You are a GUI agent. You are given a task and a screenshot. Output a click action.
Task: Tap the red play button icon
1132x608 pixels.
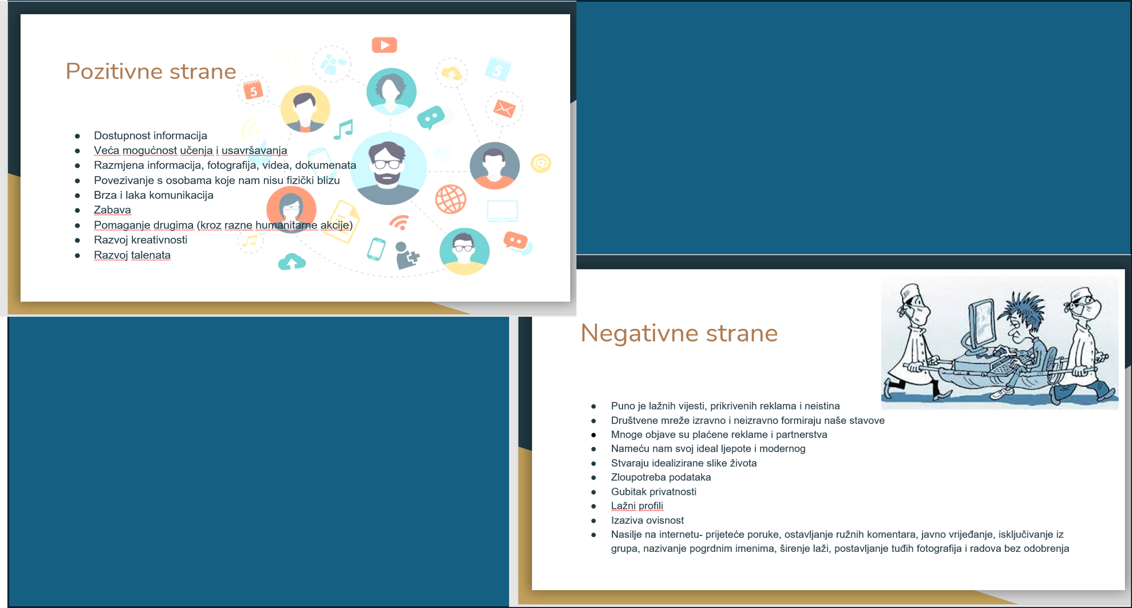click(x=385, y=45)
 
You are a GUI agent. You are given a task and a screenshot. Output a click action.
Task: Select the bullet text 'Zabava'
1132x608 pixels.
click(x=113, y=210)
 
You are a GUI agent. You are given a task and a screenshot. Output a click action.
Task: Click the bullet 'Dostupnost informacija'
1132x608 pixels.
click(x=150, y=135)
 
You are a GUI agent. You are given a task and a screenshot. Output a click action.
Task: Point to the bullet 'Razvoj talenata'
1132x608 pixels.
click(x=132, y=255)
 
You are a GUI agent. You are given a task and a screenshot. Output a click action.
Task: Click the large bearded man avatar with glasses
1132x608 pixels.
click(x=388, y=169)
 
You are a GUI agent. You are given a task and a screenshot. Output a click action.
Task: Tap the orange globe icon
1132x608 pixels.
click(x=450, y=199)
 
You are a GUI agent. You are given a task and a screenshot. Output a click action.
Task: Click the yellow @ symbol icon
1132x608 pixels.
click(x=541, y=163)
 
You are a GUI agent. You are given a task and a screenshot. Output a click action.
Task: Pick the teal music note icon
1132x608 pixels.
click(x=344, y=129)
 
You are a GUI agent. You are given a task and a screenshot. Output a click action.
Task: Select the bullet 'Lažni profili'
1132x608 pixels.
click(x=637, y=506)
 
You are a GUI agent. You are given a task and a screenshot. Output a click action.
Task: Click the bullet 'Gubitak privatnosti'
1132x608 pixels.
click(x=654, y=492)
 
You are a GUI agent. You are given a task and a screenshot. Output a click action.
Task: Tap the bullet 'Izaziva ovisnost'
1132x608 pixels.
click(x=647, y=520)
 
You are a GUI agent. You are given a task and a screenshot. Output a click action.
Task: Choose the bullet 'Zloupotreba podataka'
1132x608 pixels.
click(x=660, y=477)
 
